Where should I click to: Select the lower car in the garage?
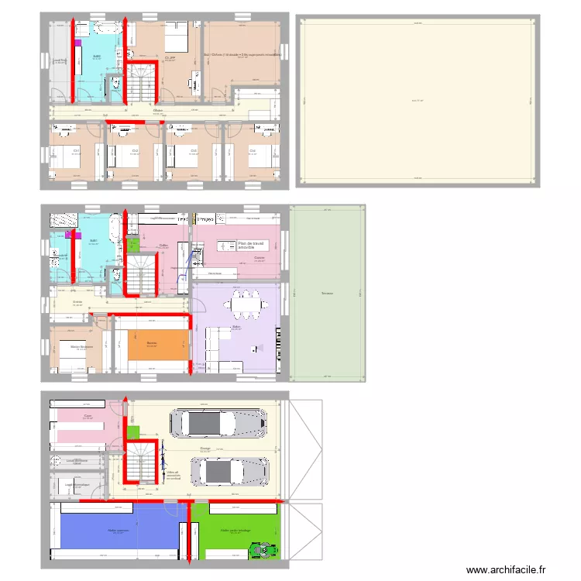230,470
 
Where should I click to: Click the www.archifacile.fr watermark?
511,570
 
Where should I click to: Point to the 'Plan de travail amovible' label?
251,245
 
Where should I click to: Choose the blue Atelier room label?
118,531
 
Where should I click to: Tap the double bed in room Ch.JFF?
175,36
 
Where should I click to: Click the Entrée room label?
77,301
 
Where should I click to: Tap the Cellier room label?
163,246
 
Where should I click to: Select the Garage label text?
205,448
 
